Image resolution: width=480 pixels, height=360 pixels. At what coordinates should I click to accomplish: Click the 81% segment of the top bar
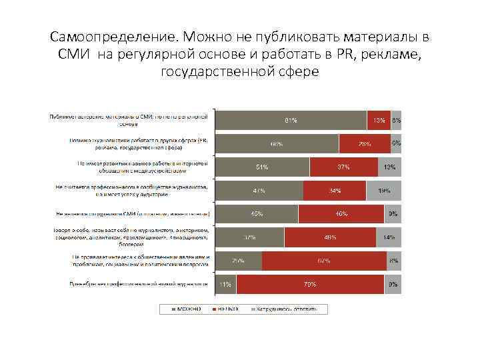[x=291, y=120]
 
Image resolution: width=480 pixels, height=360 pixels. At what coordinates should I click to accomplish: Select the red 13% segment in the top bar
[x=379, y=120]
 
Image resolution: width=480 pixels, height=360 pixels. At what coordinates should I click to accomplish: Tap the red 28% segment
[x=365, y=143]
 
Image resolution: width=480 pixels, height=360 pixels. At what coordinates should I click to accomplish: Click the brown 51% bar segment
[x=263, y=167]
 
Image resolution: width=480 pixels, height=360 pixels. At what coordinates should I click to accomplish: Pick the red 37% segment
[x=343, y=167]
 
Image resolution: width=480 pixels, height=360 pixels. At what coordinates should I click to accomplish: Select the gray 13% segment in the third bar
[x=389, y=167]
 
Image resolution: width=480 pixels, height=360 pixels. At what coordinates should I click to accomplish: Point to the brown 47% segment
[x=259, y=191]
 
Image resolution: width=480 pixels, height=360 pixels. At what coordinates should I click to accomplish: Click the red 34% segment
[x=334, y=191]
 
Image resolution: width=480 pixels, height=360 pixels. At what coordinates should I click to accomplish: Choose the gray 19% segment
[x=383, y=191]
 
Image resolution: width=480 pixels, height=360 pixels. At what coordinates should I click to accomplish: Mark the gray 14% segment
[x=389, y=237]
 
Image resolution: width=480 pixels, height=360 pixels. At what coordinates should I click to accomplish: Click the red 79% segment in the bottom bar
[x=310, y=285]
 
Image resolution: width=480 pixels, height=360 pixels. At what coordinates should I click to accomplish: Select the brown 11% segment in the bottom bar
[x=226, y=285]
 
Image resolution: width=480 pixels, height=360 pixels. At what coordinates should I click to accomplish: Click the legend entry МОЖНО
[x=187, y=309]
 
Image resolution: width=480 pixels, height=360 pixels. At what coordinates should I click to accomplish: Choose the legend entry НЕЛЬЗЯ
[x=227, y=309]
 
